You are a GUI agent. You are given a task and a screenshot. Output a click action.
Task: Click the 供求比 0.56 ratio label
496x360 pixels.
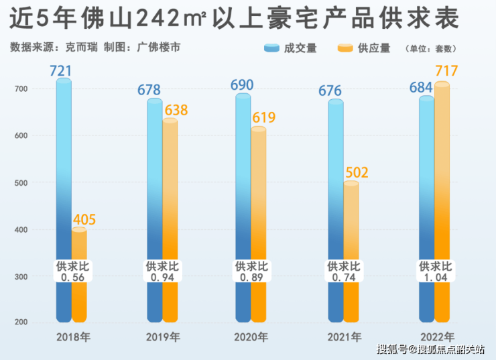pyautogui.click(x=72, y=272)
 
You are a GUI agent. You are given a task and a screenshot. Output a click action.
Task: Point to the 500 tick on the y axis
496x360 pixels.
pyautogui.click(x=21, y=183)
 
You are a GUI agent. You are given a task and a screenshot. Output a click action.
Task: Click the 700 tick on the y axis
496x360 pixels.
pyautogui.click(x=21, y=89)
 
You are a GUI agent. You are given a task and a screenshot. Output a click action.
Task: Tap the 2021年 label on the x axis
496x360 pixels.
pyautogui.click(x=343, y=337)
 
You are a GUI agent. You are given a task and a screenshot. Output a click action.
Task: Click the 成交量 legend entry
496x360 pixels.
pyautogui.click(x=291, y=48)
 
